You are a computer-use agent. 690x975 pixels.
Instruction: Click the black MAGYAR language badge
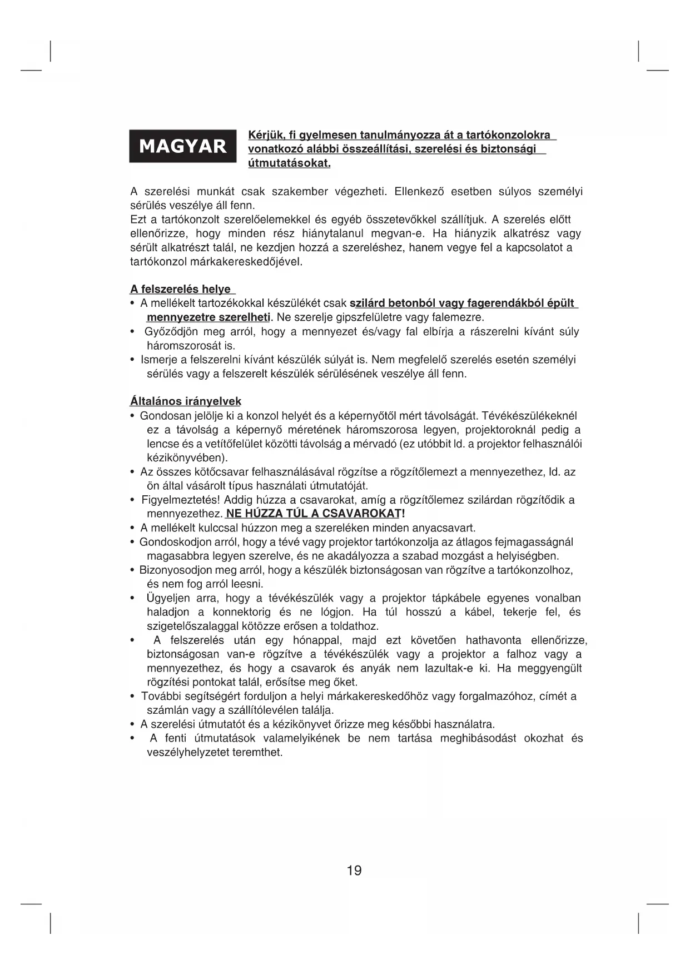(182, 146)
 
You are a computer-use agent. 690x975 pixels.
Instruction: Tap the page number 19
(354, 870)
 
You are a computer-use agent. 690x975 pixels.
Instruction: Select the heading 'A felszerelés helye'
(181, 290)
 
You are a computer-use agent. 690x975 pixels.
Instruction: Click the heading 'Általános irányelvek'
(186, 401)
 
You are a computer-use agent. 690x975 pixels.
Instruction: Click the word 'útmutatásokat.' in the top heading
(289, 163)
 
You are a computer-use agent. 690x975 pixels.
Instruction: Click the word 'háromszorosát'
(181, 346)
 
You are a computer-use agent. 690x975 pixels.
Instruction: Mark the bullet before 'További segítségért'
(132, 697)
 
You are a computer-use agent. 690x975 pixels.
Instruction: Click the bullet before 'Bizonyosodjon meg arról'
(132, 570)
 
